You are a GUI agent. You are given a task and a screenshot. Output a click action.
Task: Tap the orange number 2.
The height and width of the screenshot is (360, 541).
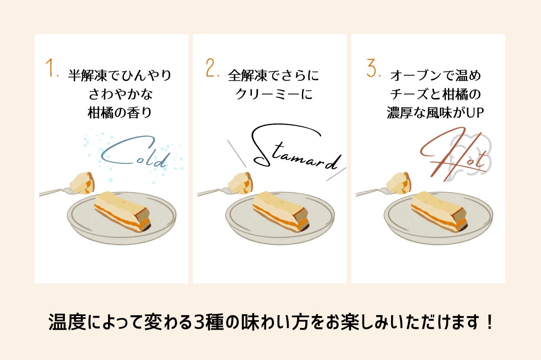[x=211, y=68]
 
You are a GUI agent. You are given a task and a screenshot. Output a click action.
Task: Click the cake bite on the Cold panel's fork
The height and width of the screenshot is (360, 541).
[x=82, y=182]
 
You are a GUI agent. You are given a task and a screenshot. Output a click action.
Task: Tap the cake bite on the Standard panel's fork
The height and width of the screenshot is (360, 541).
[x=240, y=182]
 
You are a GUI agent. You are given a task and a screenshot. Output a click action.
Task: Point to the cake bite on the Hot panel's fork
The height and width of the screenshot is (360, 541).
[x=399, y=182]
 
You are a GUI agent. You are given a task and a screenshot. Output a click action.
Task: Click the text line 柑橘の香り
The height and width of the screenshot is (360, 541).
[x=120, y=113]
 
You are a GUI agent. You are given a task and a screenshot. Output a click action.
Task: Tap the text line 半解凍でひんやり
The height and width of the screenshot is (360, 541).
[x=120, y=76]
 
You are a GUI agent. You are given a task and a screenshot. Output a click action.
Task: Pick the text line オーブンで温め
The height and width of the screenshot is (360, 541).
[x=436, y=76]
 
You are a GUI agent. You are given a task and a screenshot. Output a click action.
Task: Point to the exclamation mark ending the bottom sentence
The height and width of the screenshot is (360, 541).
[x=489, y=322]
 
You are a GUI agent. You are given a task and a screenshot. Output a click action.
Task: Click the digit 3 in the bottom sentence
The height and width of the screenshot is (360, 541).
[x=200, y=322]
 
